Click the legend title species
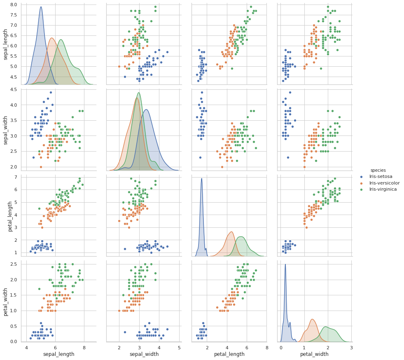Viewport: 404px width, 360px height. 378,170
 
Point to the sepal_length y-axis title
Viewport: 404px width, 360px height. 5,44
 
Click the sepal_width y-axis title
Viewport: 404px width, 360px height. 5,129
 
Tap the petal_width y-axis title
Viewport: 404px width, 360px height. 5,301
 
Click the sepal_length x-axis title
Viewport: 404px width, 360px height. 59,354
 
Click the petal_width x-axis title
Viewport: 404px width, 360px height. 314,354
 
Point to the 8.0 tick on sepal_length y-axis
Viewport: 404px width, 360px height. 14,5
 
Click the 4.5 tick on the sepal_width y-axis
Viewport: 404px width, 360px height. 14,90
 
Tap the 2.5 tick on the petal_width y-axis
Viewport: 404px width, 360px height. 14,264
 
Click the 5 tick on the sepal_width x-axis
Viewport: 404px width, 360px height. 179,348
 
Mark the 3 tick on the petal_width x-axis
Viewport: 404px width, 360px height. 351,348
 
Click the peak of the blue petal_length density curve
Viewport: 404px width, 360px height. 201,178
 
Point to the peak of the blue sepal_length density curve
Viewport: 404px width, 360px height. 41,7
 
